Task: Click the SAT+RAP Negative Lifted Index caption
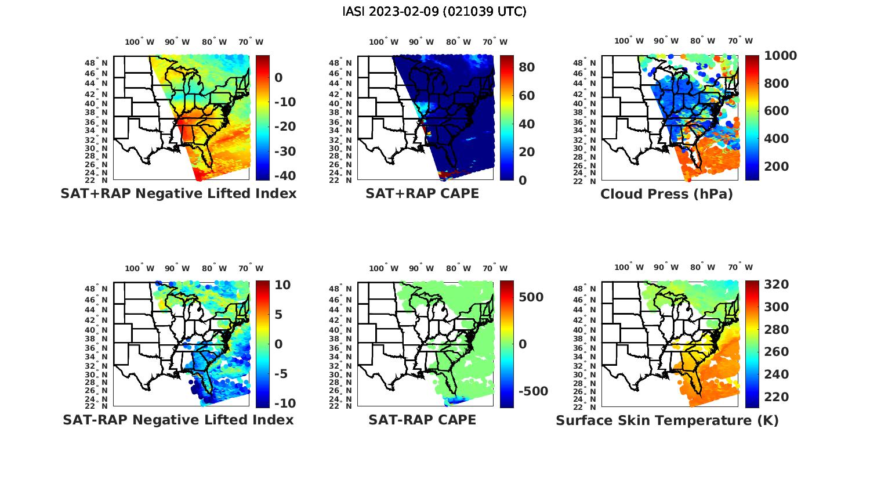[178, 193]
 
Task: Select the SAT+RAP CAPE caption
[422, 193]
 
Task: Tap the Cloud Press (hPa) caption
[666, 194]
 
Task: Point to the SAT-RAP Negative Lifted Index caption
[178, 420]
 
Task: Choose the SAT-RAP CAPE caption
[422, 420]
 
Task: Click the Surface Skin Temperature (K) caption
[667, 420]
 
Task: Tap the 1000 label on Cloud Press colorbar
[780, 56]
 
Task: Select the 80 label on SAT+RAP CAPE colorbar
[527, 67]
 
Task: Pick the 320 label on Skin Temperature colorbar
[776, 284]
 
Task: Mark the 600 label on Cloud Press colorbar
[776, 111]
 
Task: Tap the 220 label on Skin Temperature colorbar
[776, 397]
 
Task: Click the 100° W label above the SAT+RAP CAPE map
[383, 42]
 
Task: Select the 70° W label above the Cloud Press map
[740, 41]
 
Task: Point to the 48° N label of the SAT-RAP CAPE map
[340, 289]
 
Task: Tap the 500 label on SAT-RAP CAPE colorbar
[531, 297]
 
